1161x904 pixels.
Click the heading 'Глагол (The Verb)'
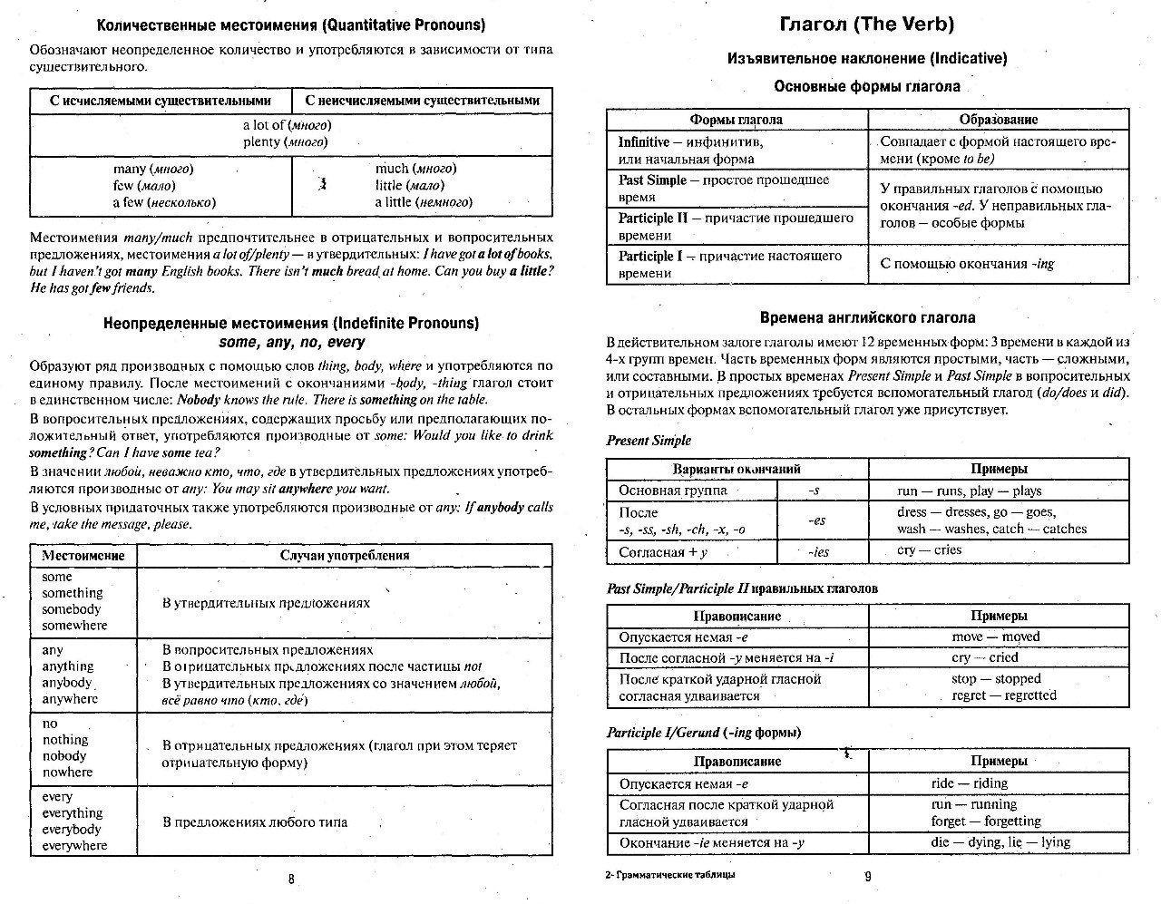[867, 24]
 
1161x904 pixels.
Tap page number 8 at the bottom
[290, 878]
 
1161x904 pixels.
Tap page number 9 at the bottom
[867, 876]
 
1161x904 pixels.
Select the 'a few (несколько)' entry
[164, 202]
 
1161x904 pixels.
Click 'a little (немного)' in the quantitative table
[424, 202]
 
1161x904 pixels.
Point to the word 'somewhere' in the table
[74, 626]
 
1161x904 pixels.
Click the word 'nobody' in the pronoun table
[64, 755]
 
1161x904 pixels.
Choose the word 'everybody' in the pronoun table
[72, 829]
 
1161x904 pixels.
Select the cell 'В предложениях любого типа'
[255, 822]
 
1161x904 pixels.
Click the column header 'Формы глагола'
[736, 119]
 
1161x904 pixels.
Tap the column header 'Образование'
[999, 119]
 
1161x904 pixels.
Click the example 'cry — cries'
[929, 550]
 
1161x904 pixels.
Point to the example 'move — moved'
[996, 637]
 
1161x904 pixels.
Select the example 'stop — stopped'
[996, 678]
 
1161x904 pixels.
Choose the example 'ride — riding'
[969, 783]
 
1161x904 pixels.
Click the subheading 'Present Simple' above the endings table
[649, 441]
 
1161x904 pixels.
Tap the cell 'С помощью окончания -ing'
[968, 264]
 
